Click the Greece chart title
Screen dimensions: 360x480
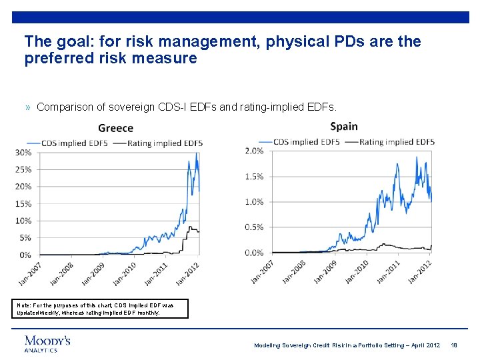click(115, 128)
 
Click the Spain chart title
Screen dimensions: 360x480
click(343, 126)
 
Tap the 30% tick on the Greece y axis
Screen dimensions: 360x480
click(24, 153)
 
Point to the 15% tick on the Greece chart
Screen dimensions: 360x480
click(24, 204)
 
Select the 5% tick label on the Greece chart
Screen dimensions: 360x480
click(26, 238)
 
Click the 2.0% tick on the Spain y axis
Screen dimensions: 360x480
click(253, 151)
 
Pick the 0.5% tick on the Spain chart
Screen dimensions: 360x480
click(253, 227)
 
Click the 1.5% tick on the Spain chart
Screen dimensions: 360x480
click(253, 177)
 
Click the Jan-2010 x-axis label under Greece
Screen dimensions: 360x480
click(125, 272)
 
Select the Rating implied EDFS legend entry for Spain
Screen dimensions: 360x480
click(397, 141)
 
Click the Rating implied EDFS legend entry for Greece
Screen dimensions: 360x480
click(164, 143)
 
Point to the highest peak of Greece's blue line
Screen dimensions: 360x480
click(196, 153)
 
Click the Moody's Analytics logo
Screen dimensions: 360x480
click(47, 343)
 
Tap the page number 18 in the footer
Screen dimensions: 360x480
click(453, 345)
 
